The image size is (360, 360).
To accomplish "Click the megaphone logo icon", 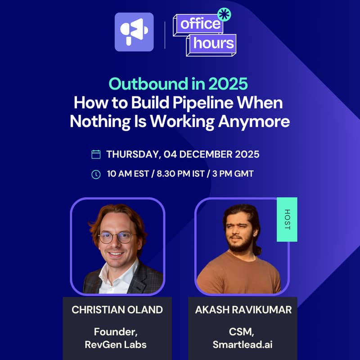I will pos(134,31).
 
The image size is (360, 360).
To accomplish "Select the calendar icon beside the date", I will pos(96,154).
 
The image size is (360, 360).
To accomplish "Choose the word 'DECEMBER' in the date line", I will pos(203,154).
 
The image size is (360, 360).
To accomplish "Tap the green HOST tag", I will pos(287,219).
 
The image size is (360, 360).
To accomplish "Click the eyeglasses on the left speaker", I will pos(117,237).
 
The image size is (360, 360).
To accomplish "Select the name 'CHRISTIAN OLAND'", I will pos(117,310).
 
